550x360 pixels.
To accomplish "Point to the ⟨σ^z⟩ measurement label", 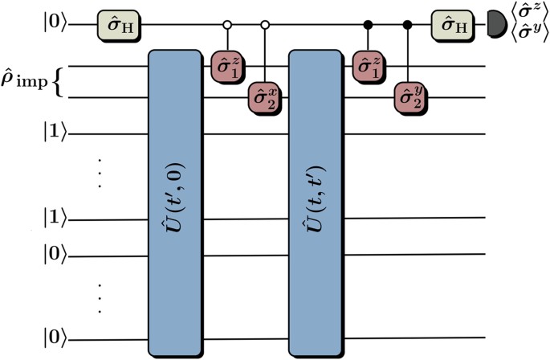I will [x=520, y=15].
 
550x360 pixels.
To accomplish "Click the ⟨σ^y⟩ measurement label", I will [x=520, y=35].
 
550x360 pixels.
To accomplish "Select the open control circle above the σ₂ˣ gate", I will [x=264, y=25].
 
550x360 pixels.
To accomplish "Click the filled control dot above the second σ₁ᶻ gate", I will [x=369, y=25].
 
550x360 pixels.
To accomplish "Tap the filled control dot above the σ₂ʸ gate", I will [x=408, y=25].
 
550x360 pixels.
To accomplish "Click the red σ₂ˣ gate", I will [x=264, y=97].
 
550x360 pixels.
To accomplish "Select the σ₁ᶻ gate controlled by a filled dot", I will [x=369, y=66].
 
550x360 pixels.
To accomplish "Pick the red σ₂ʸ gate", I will [x=408, y=97].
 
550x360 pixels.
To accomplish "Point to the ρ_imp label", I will [x=27, y=81].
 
